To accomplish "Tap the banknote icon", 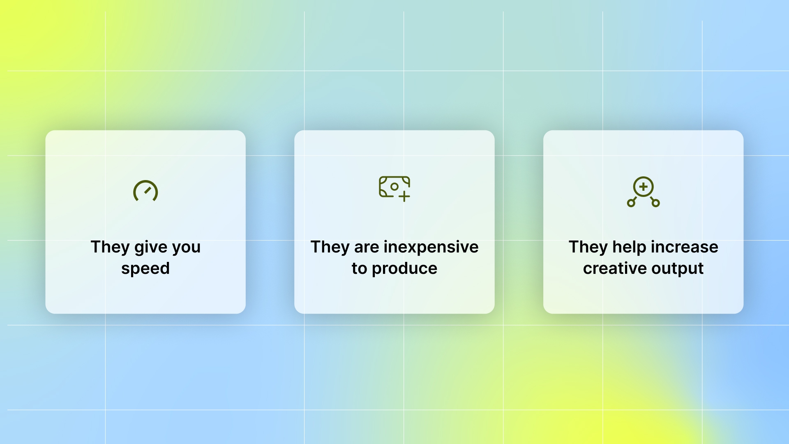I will click(x=394, y=187).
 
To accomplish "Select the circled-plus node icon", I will click(x=643, y=192).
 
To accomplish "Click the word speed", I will click(x=145, y=268).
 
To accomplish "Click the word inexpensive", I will click(x=431, y=247).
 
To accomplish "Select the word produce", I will click(x=404, y=268).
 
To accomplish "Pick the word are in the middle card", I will click(x=367, y=247).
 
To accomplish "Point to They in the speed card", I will click(x=110, y=247).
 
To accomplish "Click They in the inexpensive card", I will click(x=330, y=247).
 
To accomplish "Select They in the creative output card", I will click(x=588, y=247).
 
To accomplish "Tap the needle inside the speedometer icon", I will click(x=148, y=190).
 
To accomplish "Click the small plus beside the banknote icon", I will click(x=404, y=197).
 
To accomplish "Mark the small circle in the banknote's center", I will click(x=394, y=187).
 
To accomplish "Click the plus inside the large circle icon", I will click(x=644, y=187).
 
